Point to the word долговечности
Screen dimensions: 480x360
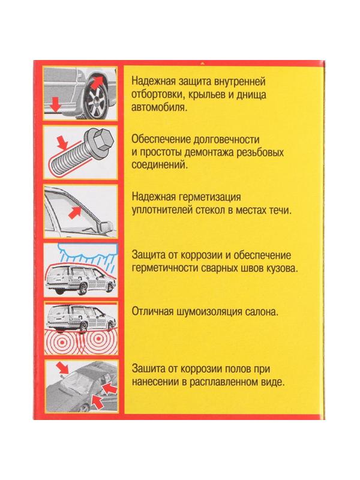coord(226,136)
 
